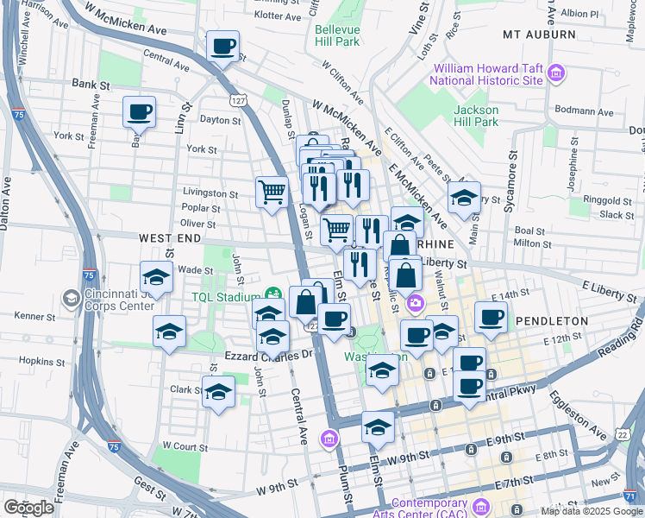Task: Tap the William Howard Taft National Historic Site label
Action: [488, 74]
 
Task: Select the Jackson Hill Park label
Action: [476, 116]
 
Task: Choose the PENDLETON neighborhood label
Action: [552, 320]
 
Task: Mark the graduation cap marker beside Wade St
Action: [156, 278]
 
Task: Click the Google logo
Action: [29, 508]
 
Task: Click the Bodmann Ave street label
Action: [583, 111]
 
